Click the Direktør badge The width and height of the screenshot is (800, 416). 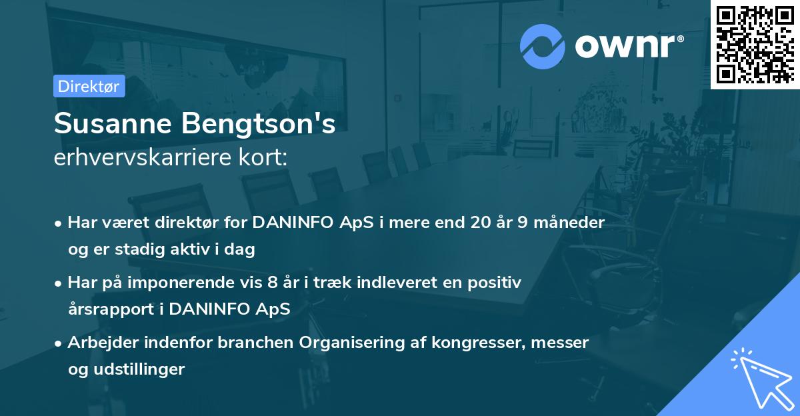89,86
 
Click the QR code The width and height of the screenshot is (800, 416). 755,44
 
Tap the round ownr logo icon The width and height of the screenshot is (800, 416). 542,46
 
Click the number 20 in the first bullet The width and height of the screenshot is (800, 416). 479,223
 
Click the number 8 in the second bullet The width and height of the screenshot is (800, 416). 271,283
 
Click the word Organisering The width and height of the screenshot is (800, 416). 353,343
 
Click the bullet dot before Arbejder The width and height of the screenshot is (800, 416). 59,343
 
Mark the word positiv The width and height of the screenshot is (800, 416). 497,283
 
